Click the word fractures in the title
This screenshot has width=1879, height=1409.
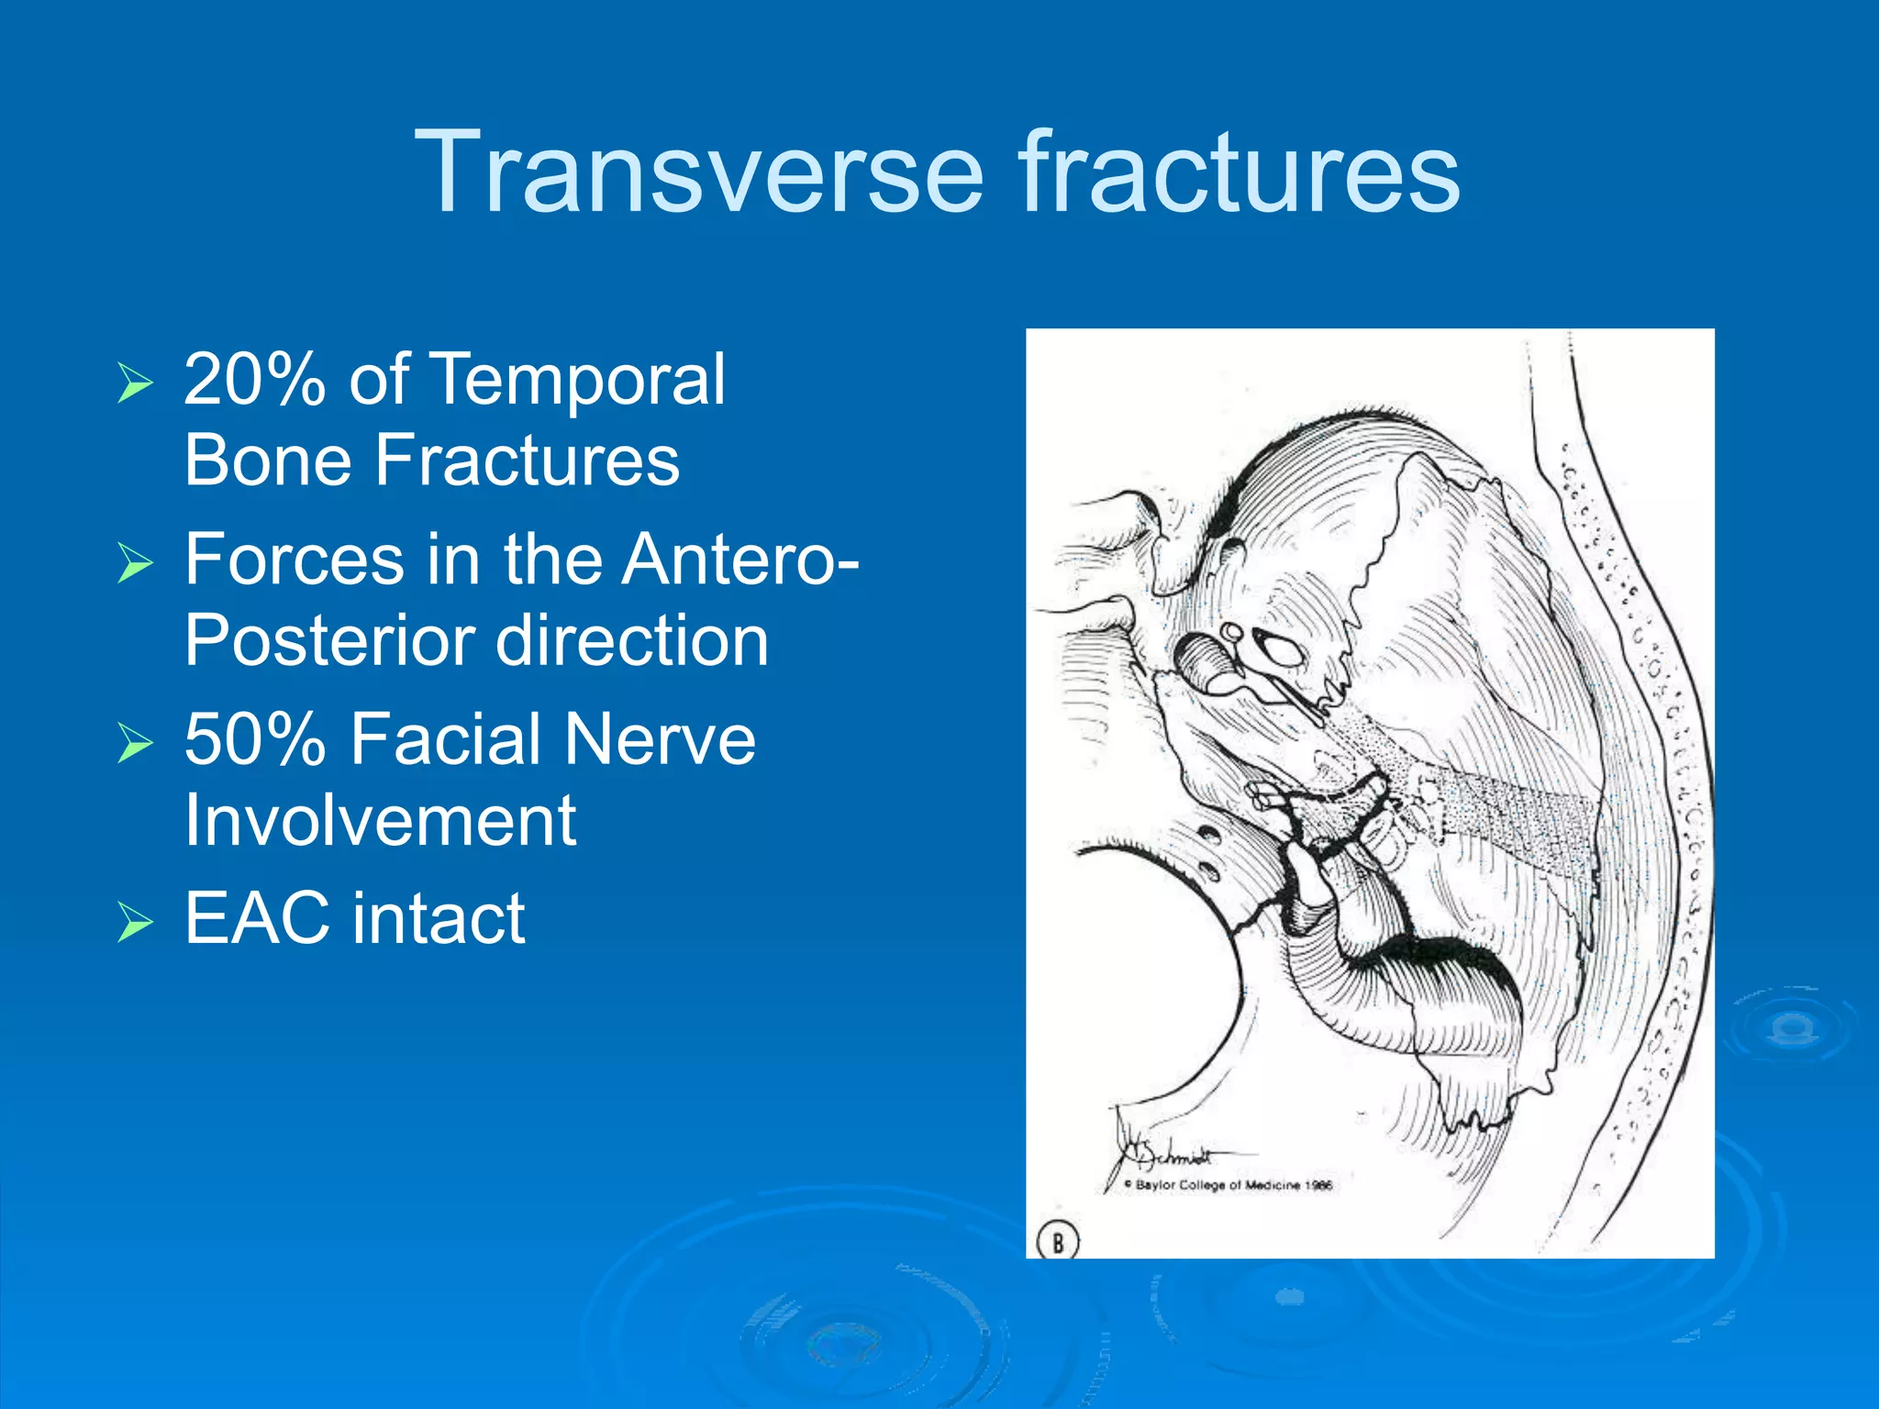coord(1238,172)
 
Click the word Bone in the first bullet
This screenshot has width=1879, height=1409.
coord(267,460)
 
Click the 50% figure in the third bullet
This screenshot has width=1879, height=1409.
coord(254,738)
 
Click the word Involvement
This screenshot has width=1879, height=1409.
coord(380,819)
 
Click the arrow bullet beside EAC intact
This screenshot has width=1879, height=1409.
coord(134,921)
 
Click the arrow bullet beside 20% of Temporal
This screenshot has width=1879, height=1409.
coord(134,383)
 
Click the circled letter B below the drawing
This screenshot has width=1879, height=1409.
coord(1057,1243)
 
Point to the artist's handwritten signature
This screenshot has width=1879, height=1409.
coord(1166,1150)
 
